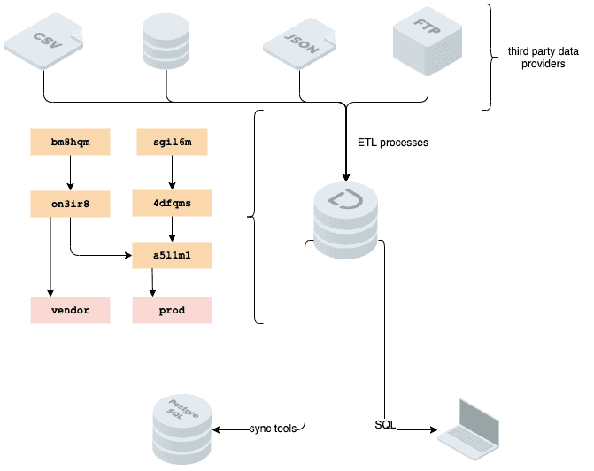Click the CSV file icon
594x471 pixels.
(43, 41)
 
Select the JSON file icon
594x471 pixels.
(299, 43)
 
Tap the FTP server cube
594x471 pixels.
(428, 41)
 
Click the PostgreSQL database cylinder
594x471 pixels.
(182, 429)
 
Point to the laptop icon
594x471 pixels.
(468, 429)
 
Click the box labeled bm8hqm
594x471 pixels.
(71, 142)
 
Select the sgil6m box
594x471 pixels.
(172, 142)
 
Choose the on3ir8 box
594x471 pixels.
(71, 204)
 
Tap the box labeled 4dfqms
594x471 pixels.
(172, 203)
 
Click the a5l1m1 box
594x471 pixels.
(172, 255)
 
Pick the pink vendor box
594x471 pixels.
(71, 311)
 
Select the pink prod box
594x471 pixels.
(172, 311)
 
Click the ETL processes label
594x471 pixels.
(393, 143)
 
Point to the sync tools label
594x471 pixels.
(273, 429)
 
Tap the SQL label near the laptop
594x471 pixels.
(385, 425)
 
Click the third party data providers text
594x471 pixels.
(544, 58)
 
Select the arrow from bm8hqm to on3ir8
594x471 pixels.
(70, 173)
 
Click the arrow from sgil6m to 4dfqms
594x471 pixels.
(172, 173)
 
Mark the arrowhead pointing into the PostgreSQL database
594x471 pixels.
(216, 429)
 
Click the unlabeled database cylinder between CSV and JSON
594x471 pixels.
(166, 41)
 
